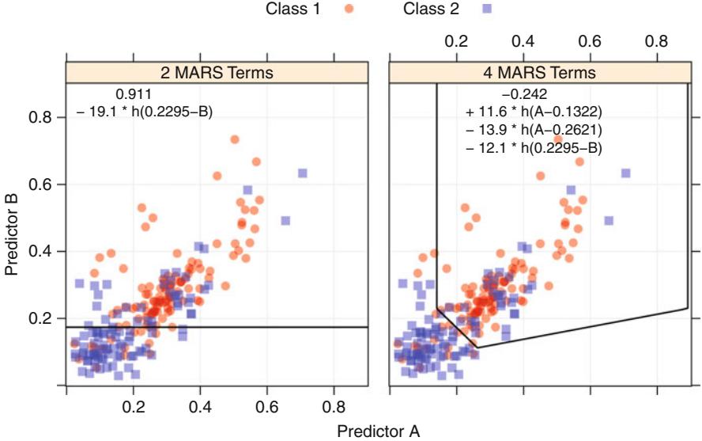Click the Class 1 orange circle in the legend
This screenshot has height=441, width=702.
pos(349,10)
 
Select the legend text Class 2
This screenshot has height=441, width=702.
pos(430,10)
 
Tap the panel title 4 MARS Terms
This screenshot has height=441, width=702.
pos(540,73)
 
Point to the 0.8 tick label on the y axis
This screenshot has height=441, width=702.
pos(40,117)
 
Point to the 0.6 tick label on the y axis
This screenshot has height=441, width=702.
pos(40,184)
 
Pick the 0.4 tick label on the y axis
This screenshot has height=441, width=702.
pos(40,252)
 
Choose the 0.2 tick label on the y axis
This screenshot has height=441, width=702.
pos(40,318)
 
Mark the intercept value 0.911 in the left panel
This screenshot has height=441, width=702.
pos(134,95)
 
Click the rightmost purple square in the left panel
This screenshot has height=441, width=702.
pos(302,173)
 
